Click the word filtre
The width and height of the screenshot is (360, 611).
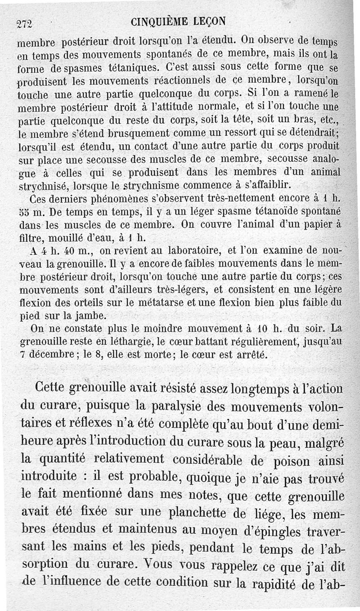coord(30,237)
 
